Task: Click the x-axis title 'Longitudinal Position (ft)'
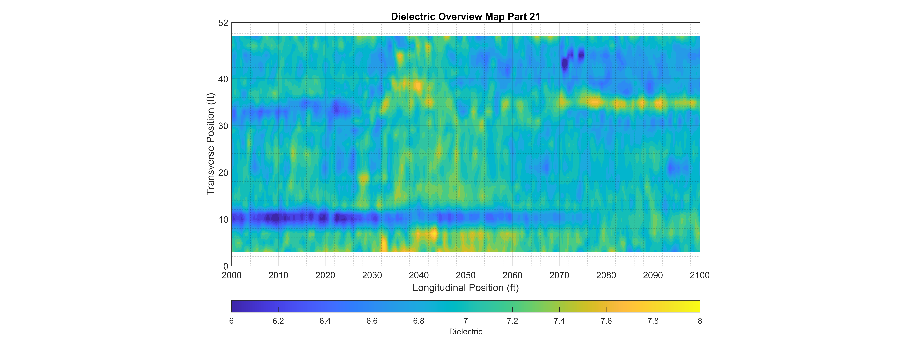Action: pos(465,288)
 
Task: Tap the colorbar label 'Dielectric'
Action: pos(465,332)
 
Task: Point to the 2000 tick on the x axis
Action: pos(231,275)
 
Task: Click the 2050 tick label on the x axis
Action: pos(465,275)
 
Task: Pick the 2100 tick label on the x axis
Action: pos(699,275)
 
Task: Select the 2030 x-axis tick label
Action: pos(372,275)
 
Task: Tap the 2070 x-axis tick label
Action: pos(559,275)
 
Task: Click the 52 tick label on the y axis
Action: pos(223,23)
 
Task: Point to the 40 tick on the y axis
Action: pos(223,79)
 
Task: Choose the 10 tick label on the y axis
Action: pos(223,220)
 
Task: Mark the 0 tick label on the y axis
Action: pos(226,266)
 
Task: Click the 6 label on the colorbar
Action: pos(231,321)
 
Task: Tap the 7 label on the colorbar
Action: pos(465,321)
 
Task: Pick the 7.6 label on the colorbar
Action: pos(606,321)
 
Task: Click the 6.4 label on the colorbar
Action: pos(325,321)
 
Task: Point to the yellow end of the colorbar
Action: pos(697,306)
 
